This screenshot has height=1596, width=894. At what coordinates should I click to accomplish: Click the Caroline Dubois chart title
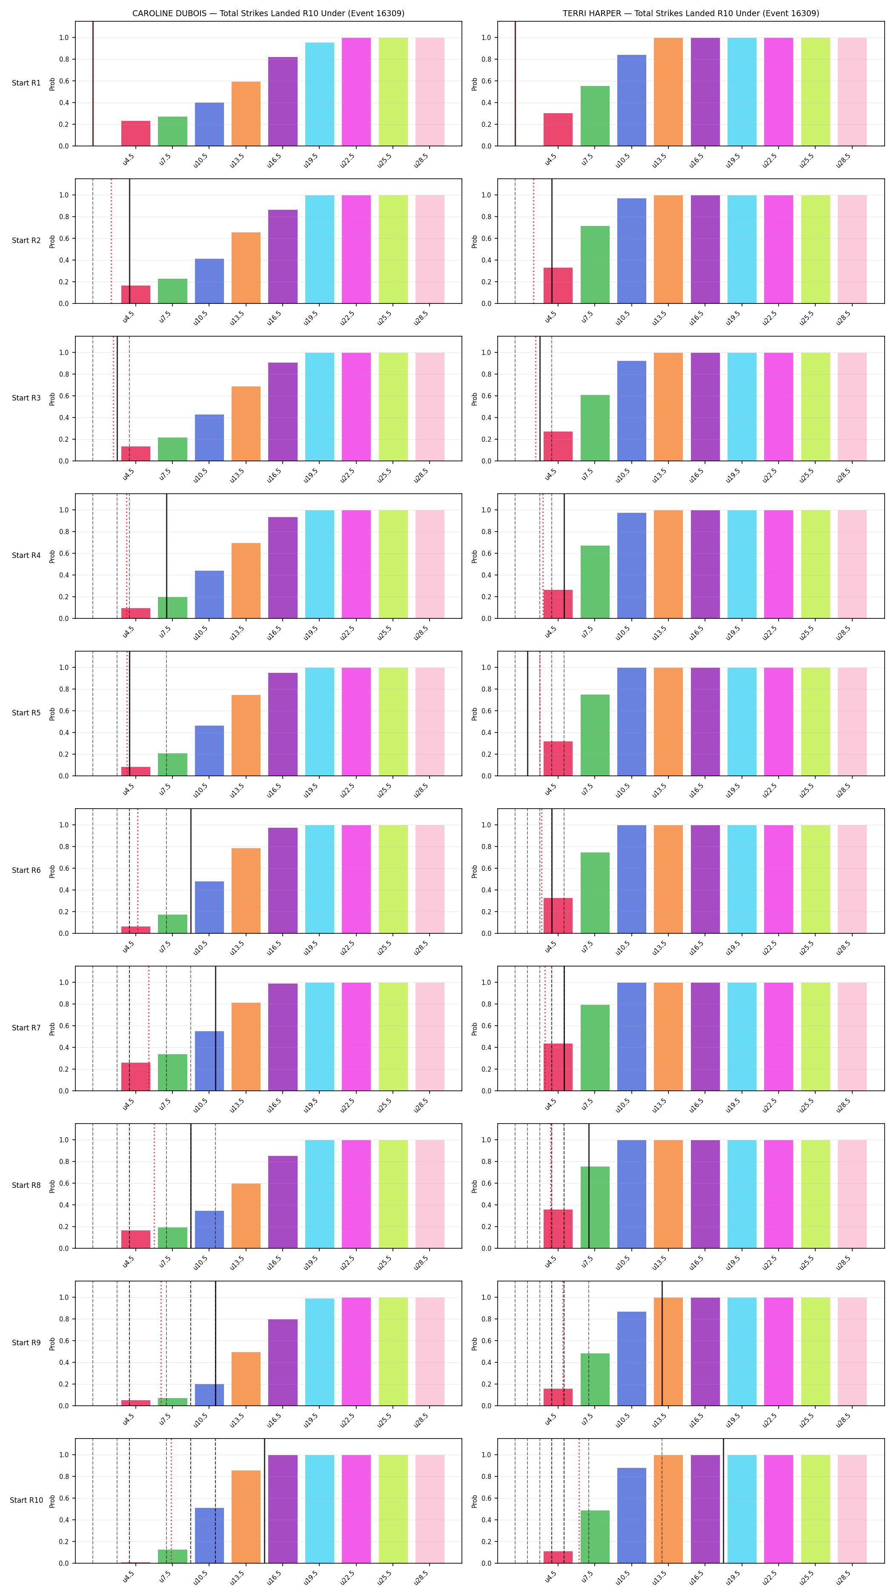(x=268, y=13)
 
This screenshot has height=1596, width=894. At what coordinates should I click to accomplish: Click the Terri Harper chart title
(x=691, y=13)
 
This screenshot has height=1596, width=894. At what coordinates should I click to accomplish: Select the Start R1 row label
(x=26, y=83)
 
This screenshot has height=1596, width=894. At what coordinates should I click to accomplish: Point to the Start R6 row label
(x=26, y=870)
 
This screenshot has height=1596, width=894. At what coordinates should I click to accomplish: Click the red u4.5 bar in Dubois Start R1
(x=136, y=133)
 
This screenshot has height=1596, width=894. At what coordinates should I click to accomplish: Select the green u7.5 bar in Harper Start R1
(x=595, y=116)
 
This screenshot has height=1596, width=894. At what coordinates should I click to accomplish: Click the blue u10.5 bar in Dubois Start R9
(x=209, y=1395)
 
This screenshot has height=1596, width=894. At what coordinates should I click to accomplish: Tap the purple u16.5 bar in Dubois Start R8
(x=283, y=1202)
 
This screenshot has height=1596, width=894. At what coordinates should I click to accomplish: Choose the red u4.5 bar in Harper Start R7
(x=558, y=1067)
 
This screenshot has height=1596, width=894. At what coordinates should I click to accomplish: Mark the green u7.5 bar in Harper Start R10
(x=595, y=1536)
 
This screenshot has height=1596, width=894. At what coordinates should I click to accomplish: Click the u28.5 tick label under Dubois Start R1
(x=421, y=160)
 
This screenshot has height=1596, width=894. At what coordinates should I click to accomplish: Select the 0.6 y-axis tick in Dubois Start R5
(x=64, y=711)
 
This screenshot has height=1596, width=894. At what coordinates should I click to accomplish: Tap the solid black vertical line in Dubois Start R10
(x=264, y=1501)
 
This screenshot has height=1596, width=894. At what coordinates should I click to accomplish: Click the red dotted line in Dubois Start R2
(x=112, y=241)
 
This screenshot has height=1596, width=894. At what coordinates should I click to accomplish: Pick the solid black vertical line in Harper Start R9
(x=662, y=1343)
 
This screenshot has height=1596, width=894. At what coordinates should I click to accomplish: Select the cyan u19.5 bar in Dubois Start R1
(x=320, y=94)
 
